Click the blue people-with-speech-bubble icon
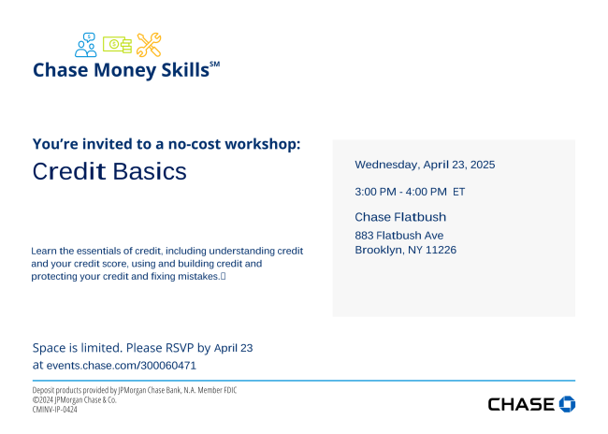pos(86,45)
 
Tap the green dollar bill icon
pos(117,45)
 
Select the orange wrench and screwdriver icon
pos(149,45)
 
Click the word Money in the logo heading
pos(124,70)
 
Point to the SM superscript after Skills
pos(215,65)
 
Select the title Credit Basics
pos(109,171)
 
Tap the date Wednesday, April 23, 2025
pos(425,165)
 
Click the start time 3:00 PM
pos(375,192)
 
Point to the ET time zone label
pos(458,192)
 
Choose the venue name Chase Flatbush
pos(400,217)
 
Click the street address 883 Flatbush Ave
pos(399,235)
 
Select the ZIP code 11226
pos(441,250)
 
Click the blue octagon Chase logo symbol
pos(567,404)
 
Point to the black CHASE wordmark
pos(521,404)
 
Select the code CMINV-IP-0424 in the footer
pos(54,409)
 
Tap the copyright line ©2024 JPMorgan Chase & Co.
pos(75,399)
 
